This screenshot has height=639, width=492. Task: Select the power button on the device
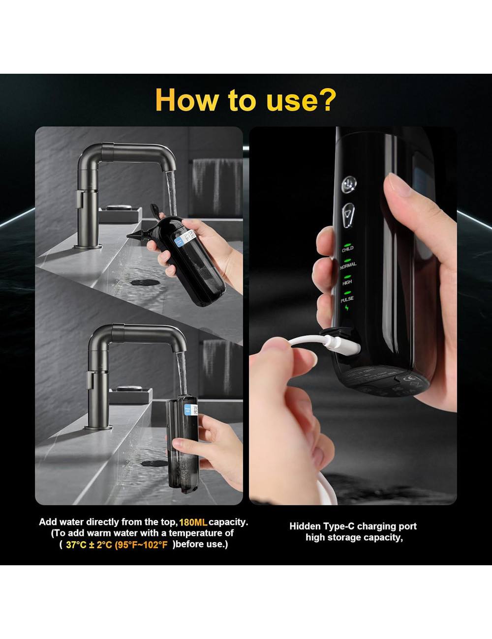pyautogui.click(x=349, y=184)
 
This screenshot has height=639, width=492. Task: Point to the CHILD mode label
pyautogui.click(x=347, y=249)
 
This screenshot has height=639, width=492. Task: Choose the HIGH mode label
pyautogui.click(x=347, y=282)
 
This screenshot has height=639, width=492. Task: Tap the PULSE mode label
pyautogui.click(x=347, y=299)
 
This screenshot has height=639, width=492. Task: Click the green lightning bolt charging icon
pyautogui.click(x=347, y=308)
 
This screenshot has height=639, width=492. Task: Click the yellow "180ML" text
pyautogui.click(x=193, y=522)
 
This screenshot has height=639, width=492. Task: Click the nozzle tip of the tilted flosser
pyautogui.click(x=130, y=237)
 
